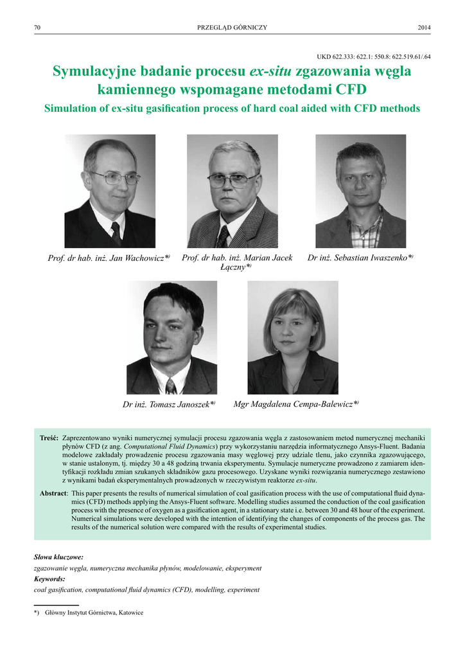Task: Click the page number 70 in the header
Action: click(x=37, y=27)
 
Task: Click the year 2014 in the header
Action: click(x=424, y=27)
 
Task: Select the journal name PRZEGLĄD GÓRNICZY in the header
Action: click(x=232, y=27)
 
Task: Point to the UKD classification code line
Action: click(x=374, y=57)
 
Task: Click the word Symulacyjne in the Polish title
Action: click(x=94, y=71)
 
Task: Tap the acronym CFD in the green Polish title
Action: click(x=351, y=89)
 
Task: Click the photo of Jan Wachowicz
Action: click(x=110, y=191)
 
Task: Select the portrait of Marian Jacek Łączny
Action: click(x=232, y=191)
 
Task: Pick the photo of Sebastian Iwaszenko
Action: click(x=360, y=191)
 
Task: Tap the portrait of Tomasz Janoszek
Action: click(x=171, y=337)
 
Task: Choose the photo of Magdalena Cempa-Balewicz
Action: click(x=293, y=337)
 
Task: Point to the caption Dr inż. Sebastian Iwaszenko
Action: click(x=360, y=258)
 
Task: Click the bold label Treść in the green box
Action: click(x=49, y=438)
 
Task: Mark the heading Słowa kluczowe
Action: click(x=58, y=556)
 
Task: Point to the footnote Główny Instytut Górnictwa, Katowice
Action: click(x=94, y=612)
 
